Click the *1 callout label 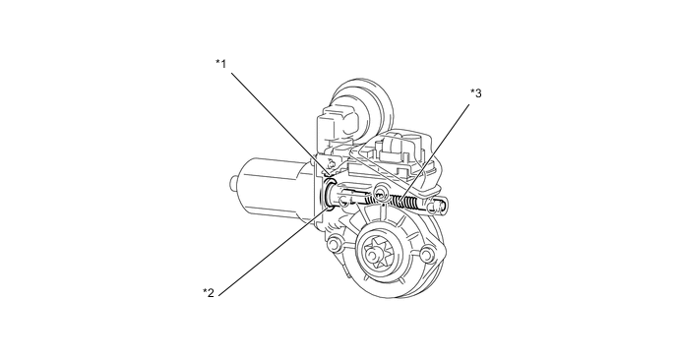[221, 64]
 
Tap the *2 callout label [208, 292]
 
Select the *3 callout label [475, 93]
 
